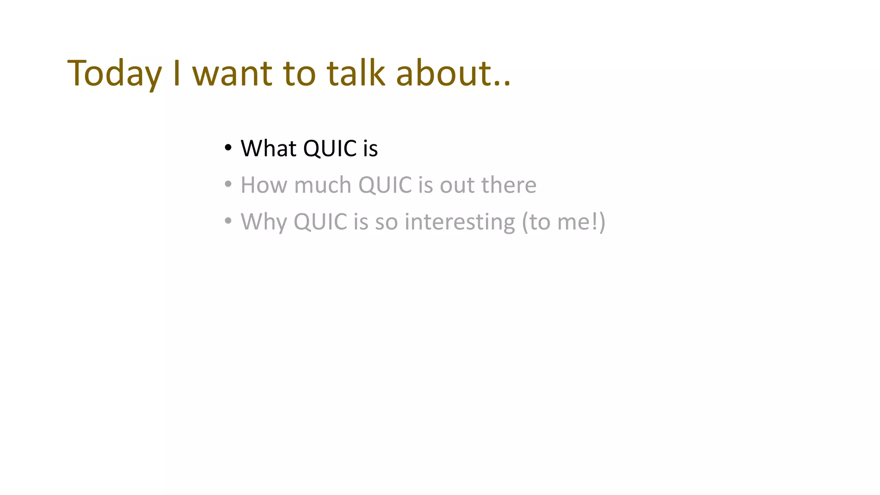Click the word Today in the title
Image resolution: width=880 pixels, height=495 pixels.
(114, 74)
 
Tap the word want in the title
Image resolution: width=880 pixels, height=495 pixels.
(232, 74)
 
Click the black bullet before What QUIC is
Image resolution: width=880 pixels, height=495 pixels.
(228, 148)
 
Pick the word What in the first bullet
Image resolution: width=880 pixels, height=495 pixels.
(269, 149)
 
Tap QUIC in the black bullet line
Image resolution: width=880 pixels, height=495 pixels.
(330, 149)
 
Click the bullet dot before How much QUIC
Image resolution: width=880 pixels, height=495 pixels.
(228, 185)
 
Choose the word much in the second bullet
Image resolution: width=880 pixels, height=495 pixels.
(323, 185)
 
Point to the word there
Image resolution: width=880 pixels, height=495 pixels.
(509, 185)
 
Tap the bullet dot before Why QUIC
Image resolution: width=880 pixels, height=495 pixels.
(228, 221)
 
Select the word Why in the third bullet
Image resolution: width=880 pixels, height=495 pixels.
(263, 222)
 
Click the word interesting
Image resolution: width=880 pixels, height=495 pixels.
(460, 222)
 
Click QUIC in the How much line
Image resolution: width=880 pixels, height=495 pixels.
(385, 185)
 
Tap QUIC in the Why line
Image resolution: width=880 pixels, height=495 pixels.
(320, 222)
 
